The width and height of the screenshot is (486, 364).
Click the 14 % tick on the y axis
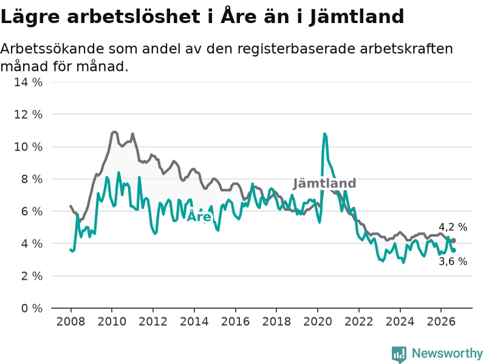pyautogui.click(x=28, y=83)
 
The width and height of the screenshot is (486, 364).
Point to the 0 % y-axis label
pyautogui.click(x=32, y=308)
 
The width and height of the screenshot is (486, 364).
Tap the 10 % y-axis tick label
pyautogui.click(x=28, y=147)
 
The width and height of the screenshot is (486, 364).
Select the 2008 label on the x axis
pyautogui.click(x=70, y=322)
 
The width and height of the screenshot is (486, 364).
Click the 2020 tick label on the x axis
pyautogui.click(x=317, y=322)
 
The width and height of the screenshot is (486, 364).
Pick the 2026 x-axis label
pyautogui.click(x=441, y=322)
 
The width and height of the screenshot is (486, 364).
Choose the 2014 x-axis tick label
pyautogui.click(x=194, y=322)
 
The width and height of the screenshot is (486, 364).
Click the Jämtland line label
pyautogui.click(x=324, y=183)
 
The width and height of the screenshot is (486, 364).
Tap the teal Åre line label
pyautogui.click(x=199, y=216)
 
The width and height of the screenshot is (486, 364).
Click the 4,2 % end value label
pyautogui.click(x=453, y=227)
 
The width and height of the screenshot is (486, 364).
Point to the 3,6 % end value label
pyautogui.click(x=453, y=261)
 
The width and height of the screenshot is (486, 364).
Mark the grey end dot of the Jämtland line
pyautogui.click(x=453, y=240)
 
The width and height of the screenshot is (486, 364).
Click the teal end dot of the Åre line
pyautogui.click(x=453, y=251)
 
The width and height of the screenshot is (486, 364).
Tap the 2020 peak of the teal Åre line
pyautogui.click(x=324, y=133)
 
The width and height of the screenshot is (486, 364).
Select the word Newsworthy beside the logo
pyautogui.click(x=447, y=353)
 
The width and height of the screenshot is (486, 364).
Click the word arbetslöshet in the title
pyautogui.click(x=134, y=16)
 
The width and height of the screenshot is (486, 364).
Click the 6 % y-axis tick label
pyautogui.click(x=32, y=211)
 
